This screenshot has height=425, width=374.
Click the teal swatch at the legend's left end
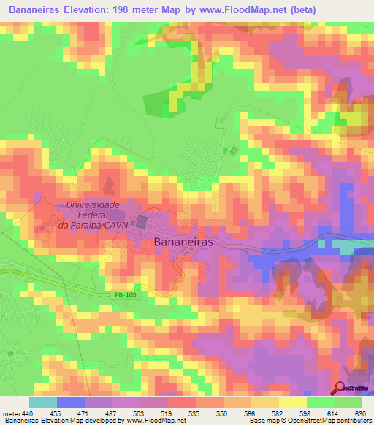(42, 403)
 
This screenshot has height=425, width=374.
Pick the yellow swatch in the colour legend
(292, 403)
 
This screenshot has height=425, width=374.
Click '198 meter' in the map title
(150, 8)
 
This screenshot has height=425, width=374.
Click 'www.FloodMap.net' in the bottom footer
(155, 420)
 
